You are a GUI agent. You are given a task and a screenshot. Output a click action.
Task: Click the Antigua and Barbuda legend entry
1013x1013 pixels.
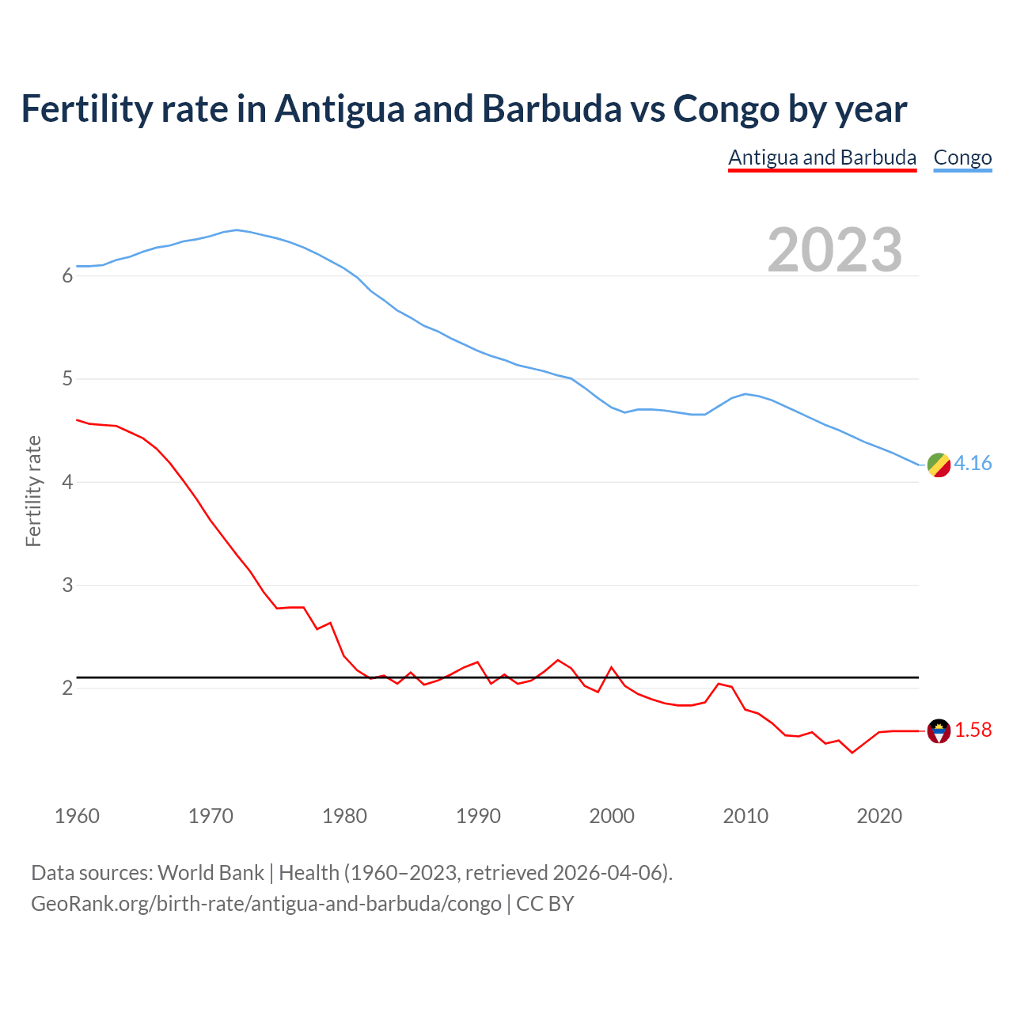821,157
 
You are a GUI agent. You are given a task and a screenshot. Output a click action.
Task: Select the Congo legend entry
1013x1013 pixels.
962,157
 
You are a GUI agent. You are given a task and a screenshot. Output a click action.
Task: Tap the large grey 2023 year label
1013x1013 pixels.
835,250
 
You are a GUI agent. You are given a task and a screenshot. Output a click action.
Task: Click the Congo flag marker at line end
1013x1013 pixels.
939,465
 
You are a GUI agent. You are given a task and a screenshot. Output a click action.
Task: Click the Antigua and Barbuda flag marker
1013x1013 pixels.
939,731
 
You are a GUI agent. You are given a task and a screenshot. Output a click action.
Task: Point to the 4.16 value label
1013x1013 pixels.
973,463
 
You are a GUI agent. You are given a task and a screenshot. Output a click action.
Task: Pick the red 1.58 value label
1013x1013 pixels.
973,730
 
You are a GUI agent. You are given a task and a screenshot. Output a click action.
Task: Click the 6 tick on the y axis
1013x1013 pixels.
67,276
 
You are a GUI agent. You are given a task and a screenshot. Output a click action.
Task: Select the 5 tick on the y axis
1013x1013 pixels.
67,379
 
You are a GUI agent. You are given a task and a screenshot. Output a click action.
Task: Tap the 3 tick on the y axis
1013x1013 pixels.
67,586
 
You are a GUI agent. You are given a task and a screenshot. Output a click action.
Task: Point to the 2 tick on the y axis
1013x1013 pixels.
67,689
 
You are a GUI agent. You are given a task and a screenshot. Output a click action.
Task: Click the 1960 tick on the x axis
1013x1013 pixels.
77,816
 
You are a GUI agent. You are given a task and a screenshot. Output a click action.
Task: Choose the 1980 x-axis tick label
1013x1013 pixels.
344,816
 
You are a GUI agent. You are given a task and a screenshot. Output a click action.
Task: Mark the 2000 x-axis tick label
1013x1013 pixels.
612,816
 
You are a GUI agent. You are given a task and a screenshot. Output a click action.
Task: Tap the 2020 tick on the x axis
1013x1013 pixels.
879,816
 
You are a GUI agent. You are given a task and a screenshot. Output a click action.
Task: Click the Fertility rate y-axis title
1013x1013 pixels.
33,491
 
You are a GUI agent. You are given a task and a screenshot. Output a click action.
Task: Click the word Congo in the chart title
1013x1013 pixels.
726,109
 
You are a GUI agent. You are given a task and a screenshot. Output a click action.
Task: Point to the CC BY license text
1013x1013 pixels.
545,904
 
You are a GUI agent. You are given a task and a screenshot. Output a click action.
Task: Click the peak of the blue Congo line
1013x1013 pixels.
237,230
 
